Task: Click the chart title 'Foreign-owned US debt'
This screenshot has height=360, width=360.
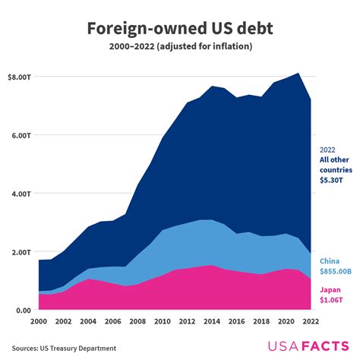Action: [179, 28]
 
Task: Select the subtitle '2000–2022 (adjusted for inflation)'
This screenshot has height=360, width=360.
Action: [179, 47]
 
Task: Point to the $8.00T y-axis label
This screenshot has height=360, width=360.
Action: [19, 77]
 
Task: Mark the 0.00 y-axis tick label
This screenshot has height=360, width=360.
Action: [23, 310]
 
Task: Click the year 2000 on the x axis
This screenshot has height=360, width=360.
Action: [39, 321]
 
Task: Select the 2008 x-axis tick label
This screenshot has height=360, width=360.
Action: [137, 321]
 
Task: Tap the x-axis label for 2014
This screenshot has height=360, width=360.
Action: [210, 321]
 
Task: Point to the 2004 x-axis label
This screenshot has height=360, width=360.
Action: [88, 321]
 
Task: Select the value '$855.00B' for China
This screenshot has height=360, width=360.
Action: [336, 270]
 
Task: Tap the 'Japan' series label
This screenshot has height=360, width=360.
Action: [330, 289]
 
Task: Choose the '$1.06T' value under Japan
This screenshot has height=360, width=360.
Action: [331, 299]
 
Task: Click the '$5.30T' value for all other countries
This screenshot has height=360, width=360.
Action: [331, 181]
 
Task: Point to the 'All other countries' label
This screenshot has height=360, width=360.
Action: [336, 165]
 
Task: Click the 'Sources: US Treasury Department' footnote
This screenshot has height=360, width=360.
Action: [63, 348]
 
